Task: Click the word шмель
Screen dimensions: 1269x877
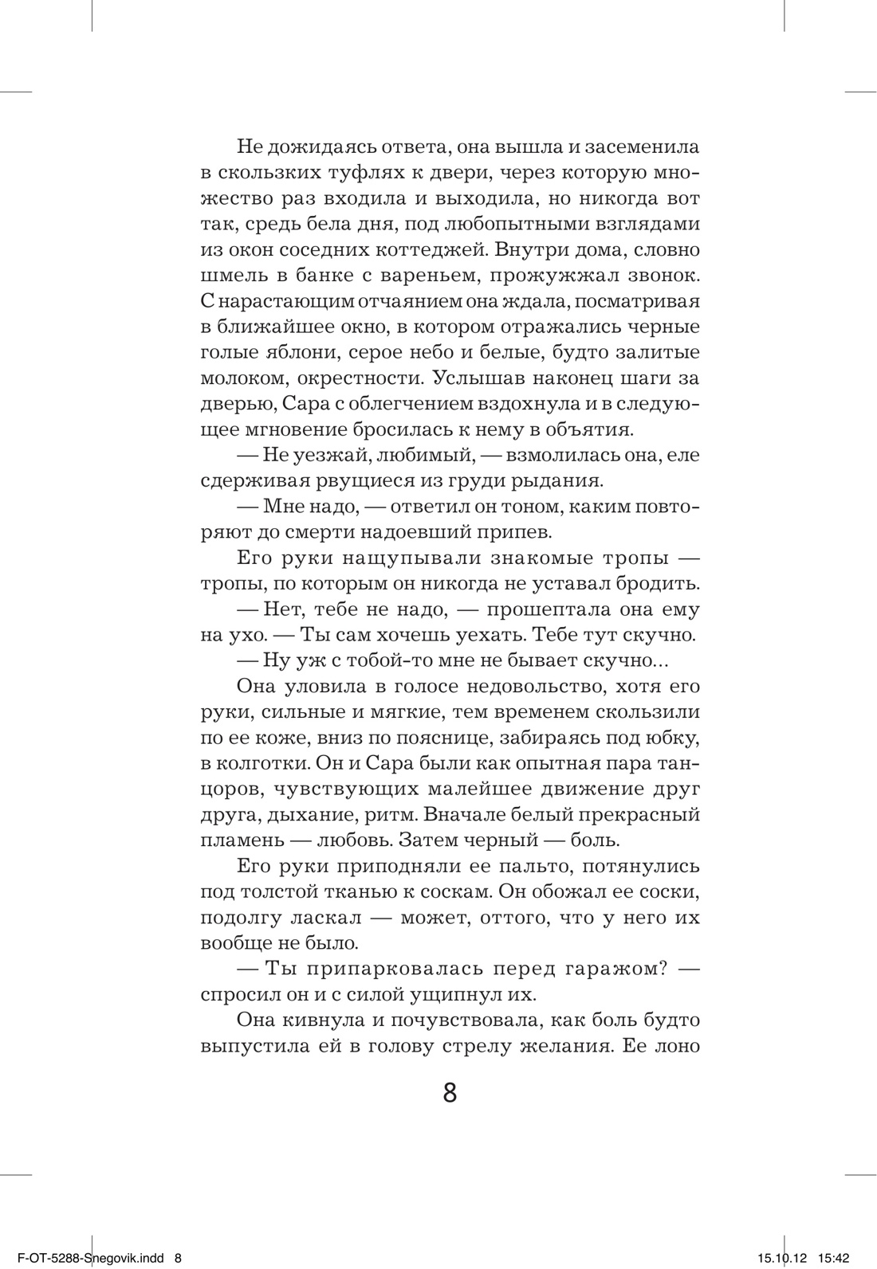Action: point(231,276)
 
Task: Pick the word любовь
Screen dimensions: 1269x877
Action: point(351,840)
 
